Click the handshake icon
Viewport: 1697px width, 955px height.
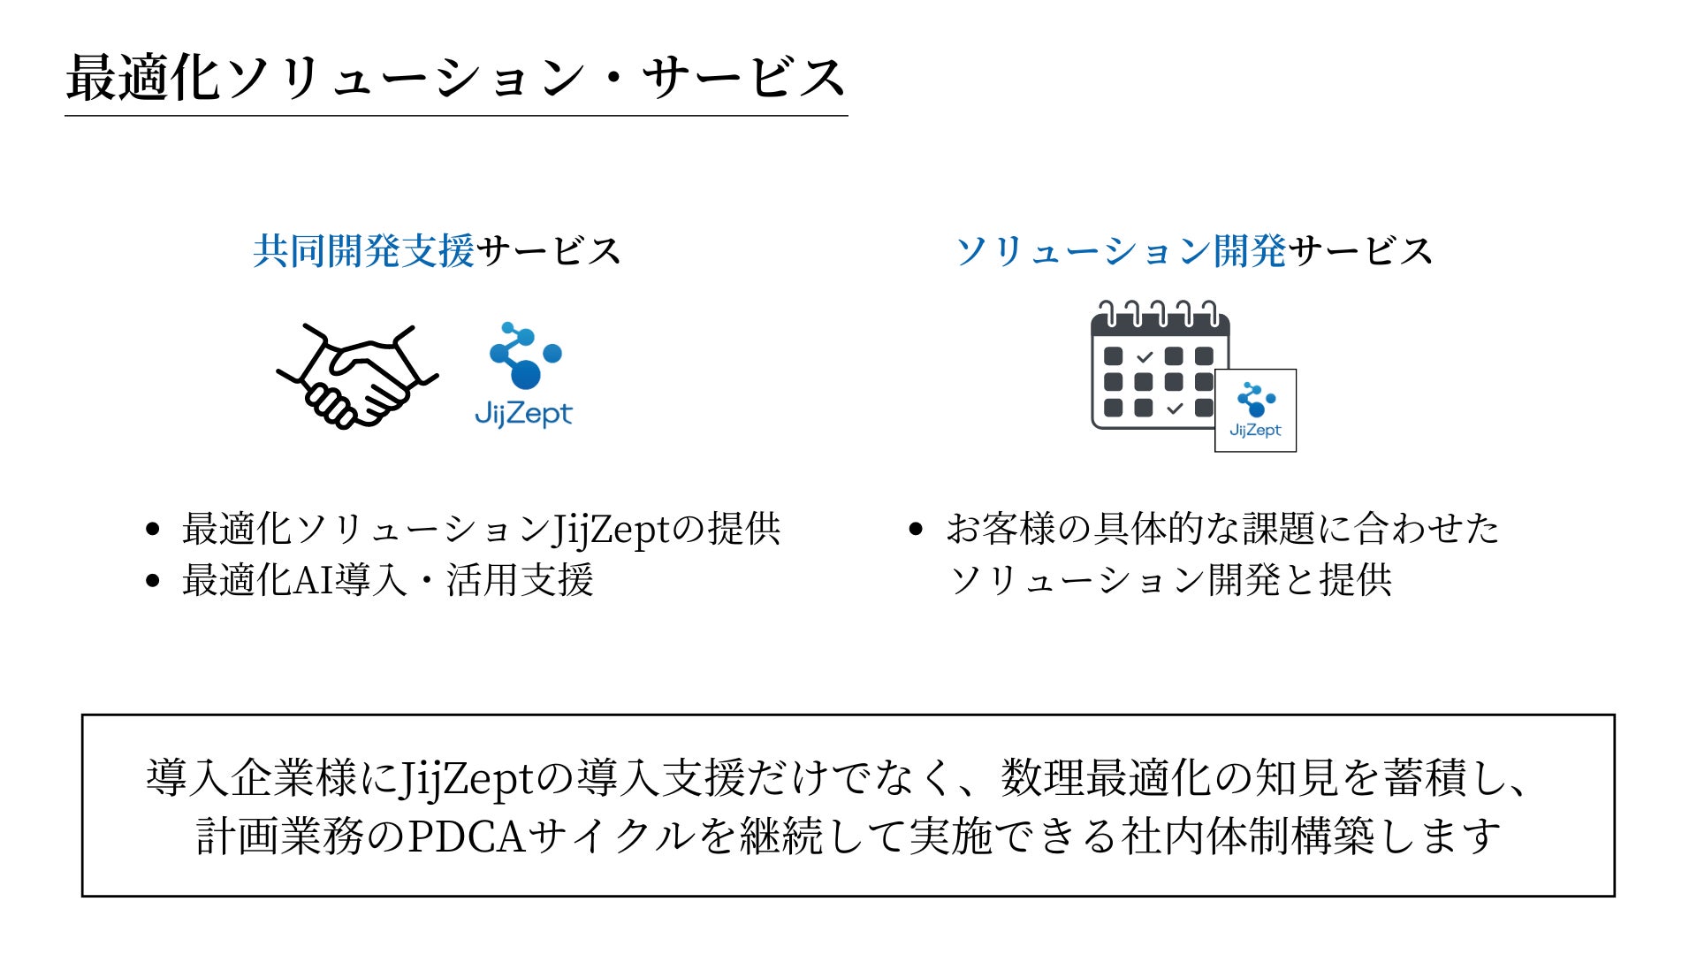tap(357, 376)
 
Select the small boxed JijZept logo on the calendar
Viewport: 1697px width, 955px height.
tap(1255, 410)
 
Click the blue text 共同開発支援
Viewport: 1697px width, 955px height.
tap(363, 251)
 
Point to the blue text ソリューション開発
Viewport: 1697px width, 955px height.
tap(1121, 251)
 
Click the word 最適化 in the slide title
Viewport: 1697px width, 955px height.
tap(143, 78)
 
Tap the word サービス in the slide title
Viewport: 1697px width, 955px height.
tap(743, 78)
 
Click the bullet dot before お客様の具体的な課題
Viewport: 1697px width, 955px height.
tap(916, 529)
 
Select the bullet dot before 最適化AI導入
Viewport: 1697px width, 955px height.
tap(153, 580)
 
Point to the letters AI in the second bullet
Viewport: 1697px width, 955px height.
tap(313, 580)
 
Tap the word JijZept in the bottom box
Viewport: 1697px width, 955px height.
tap(468, 778)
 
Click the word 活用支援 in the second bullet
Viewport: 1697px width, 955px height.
tap(520, 580)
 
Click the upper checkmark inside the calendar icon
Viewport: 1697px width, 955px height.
tap(1145, 357)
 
